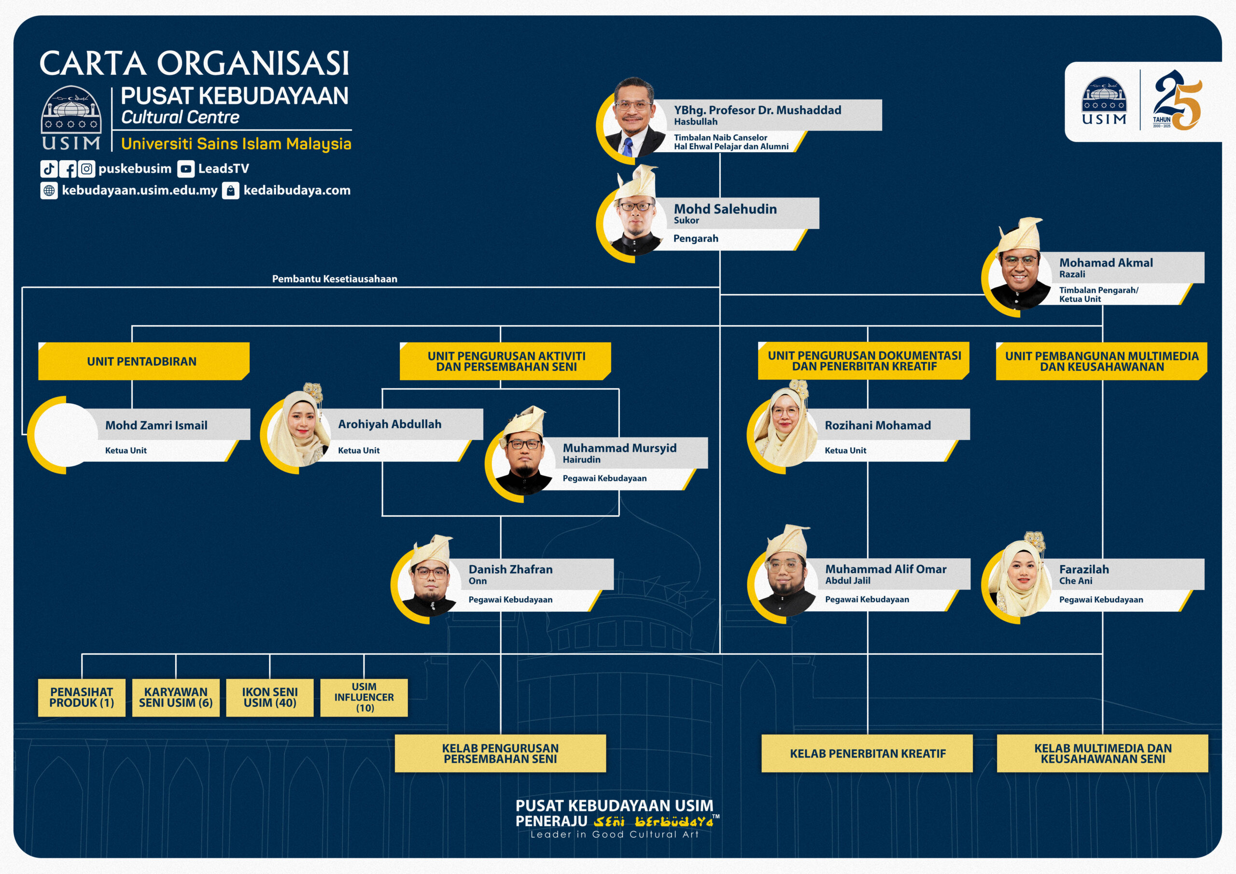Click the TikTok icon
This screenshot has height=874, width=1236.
tap(49, 169)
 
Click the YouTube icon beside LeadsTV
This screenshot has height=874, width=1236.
tap(186, 169)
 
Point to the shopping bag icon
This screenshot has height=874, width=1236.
tap(230, 191)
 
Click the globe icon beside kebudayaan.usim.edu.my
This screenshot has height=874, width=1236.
tap(49, 191)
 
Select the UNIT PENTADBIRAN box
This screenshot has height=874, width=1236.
tap(142, 361)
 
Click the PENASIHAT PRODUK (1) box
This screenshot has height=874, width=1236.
tap(82, 697)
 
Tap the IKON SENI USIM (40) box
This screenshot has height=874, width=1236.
tap(270, 697)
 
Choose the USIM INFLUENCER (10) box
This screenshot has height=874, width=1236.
tap(364, 697)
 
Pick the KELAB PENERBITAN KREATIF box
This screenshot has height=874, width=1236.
tap(867, 753)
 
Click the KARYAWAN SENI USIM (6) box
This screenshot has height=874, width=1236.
tap(176, 697)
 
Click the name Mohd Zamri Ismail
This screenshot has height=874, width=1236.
tap(156, 425)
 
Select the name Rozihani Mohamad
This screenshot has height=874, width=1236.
tap(877, 425)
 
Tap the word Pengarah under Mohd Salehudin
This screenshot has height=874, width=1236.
tap(696, 239)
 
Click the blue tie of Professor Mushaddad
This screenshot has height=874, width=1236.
tap(628, 146)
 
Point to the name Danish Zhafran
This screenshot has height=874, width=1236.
tap(510, 569)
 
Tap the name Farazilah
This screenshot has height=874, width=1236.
tap(1083, 569)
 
